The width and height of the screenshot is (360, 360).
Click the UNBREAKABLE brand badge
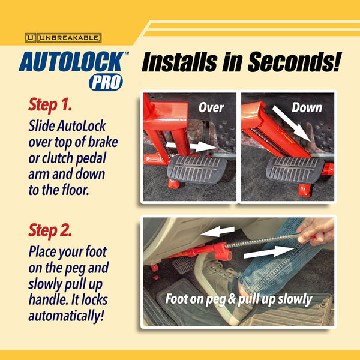[x=63, y=37]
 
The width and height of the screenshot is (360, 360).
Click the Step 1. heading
[x=50, y=106]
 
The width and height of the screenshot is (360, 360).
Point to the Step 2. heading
[x=50, y=229]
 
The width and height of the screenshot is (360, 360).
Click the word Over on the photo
[x=211, y=108]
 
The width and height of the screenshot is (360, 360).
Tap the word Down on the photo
[x=307, y=108]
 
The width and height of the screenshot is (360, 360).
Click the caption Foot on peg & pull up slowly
[x=239, y=299]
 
